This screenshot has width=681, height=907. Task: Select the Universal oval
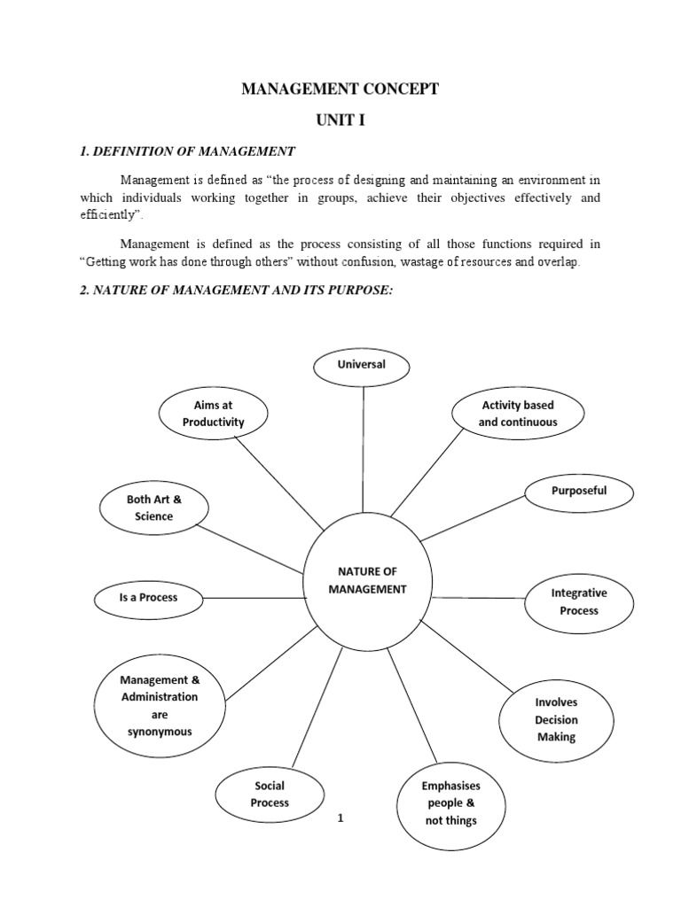pos(362,365)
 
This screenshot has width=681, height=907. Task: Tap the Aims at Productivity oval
pos(213,414)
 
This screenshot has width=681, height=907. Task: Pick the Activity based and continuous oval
pos(518,414)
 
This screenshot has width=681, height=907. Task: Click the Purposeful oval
pos(579,492)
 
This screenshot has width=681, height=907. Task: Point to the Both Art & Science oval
pos(154,508)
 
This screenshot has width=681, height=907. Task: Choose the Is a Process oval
pos(148,597)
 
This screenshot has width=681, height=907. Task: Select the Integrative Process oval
pos(579,602)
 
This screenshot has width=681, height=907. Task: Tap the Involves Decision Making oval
pos(556,719)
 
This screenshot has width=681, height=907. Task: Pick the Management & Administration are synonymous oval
pos(160,706)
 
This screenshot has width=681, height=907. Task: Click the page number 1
pos(340,818)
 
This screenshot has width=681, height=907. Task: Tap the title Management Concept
pos(340,89)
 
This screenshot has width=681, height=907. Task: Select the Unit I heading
pos(340,121)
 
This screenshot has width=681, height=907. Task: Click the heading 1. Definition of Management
pos(187,151)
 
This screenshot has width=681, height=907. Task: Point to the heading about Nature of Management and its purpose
pos(235,291)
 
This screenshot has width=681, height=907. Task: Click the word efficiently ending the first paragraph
pos(109,214)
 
